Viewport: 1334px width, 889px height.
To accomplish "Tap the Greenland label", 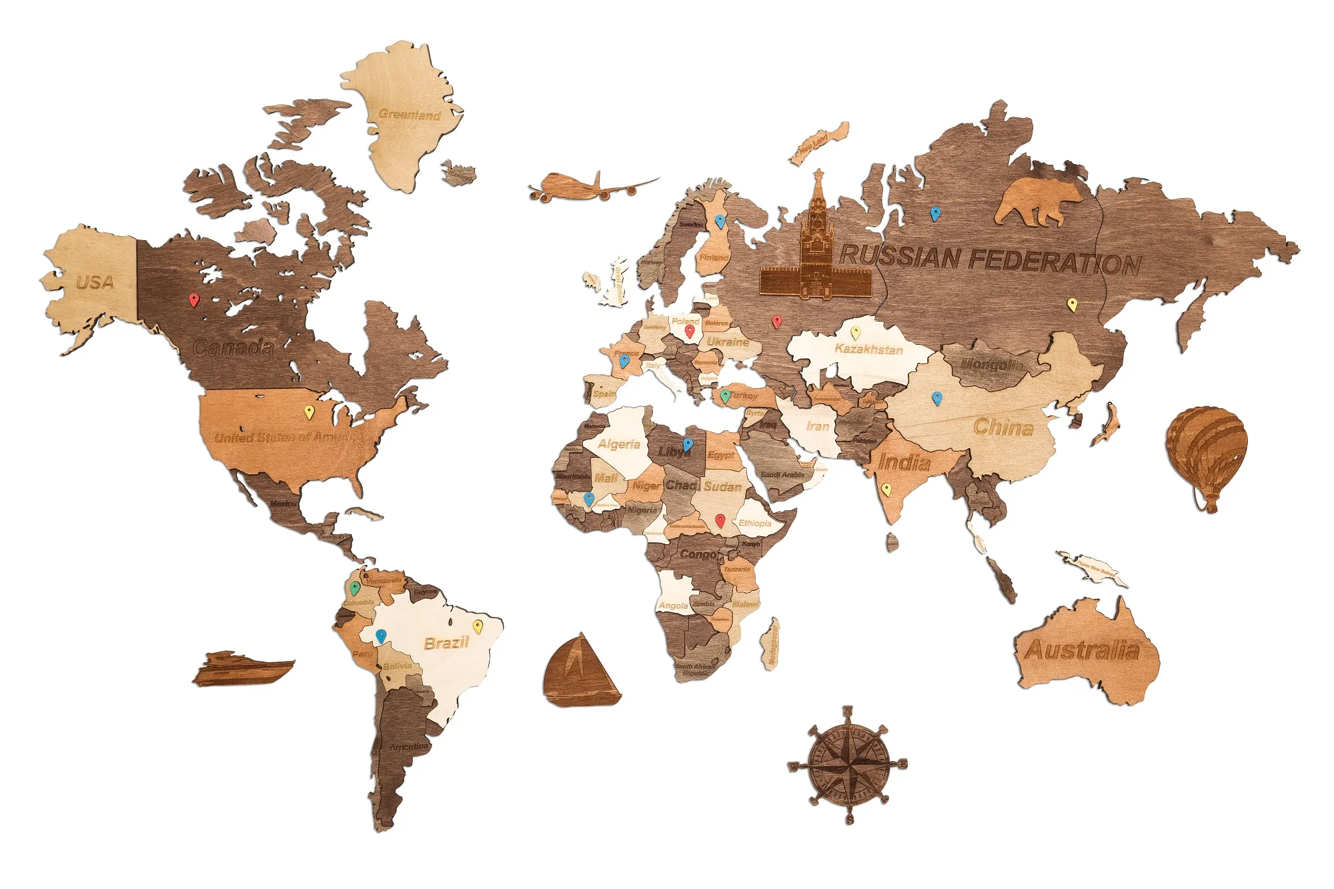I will (x=410, y=115).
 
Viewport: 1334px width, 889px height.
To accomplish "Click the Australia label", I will (x=1082, y=650).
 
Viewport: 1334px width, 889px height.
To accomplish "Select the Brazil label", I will (x=446, y=643).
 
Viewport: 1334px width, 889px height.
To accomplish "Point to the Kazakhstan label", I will (x=868, y=349).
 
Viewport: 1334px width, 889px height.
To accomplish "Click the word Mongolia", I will (x=991, y=365).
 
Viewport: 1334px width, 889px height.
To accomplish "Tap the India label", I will (x=904, y=462).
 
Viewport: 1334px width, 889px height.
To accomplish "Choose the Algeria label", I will (x=619, y=444).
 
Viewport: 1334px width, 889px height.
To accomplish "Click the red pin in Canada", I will (x=194, y=299).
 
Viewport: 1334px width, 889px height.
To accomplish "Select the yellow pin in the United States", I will (x=309, y=411).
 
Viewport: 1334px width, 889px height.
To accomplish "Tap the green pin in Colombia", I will (x=355, y=588).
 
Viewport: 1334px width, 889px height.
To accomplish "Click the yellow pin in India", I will (x=886, y=489).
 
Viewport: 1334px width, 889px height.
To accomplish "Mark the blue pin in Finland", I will (x=720, y=221).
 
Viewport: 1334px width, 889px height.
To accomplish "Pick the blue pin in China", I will (x=936, y=398).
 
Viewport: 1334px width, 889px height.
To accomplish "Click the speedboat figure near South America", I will (x=243, y=668).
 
